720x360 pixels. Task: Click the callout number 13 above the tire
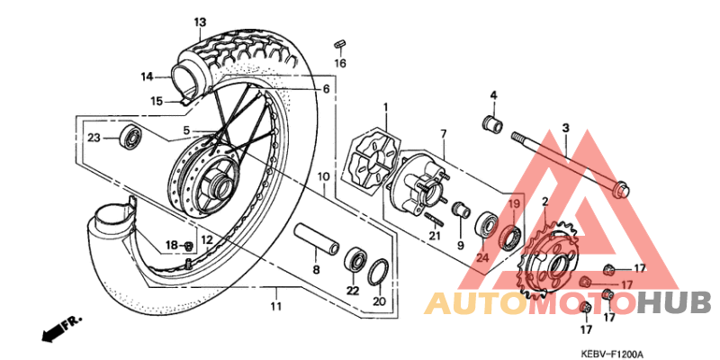click(x=199, y=21)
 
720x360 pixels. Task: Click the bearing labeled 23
click(x=132, y=138)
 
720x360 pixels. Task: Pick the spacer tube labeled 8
click(x=315, y=242)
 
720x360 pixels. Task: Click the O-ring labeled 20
click(x=380, y=271)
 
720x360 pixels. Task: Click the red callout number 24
click(x=481, y=258)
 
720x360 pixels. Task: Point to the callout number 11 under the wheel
click(x=275, y=306)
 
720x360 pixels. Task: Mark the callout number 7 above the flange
click(x=443, y=134)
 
